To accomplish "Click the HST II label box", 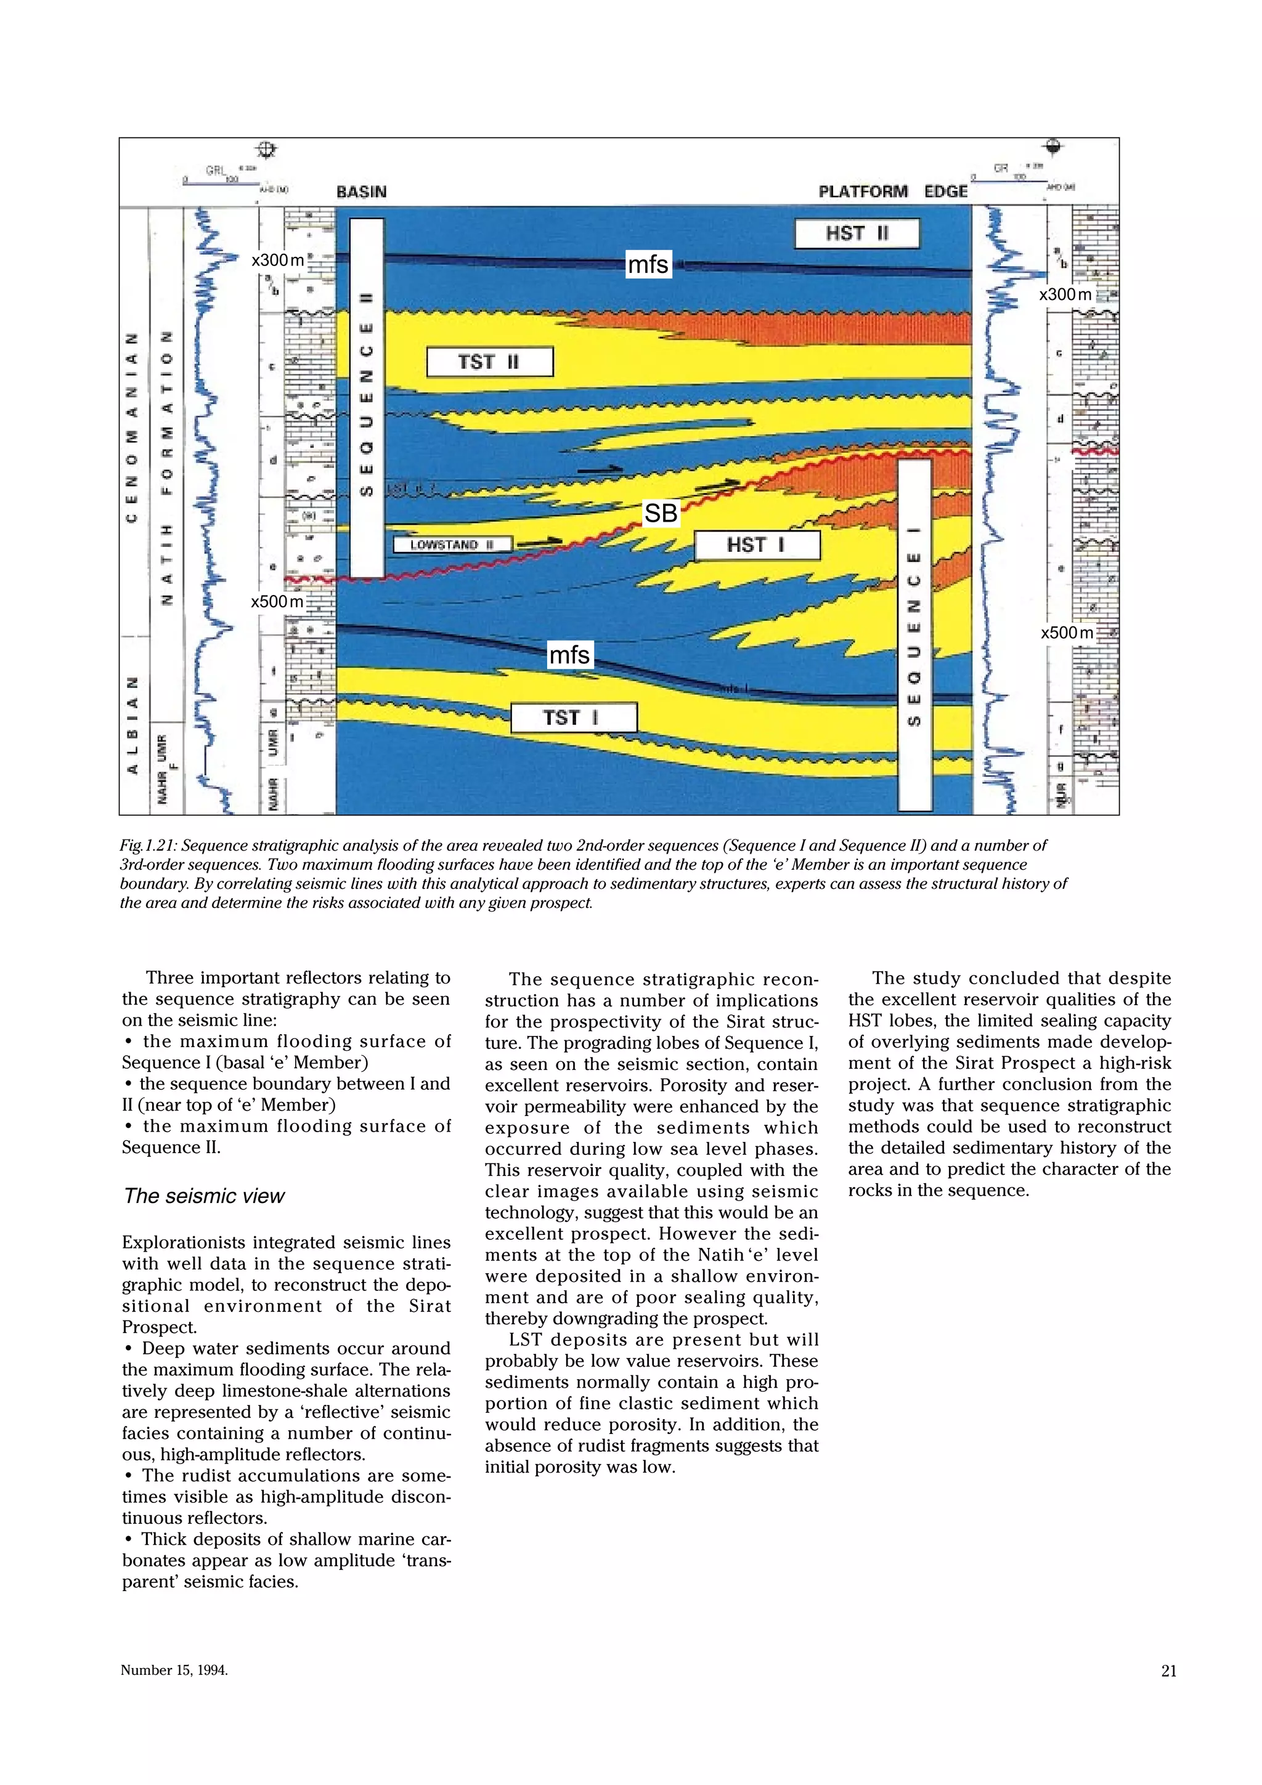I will tap(856, 233).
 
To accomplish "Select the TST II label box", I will tap(490, 362).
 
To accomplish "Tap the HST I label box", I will tap(757, 545).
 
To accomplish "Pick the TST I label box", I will tap(573, 717).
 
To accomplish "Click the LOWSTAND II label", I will tap(452, 544).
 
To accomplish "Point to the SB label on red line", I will tap(660, 513).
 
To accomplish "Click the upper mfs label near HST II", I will tap(648, 265).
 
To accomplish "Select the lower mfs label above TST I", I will tap(570, 655).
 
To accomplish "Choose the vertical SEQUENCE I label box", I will tap(914, 634).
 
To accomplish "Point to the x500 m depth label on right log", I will tap(1066, 633).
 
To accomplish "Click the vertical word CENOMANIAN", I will tap(133, 427).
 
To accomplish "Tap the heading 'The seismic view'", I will tap(204, 1196).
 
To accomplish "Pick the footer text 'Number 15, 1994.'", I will tap(174, 1670).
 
